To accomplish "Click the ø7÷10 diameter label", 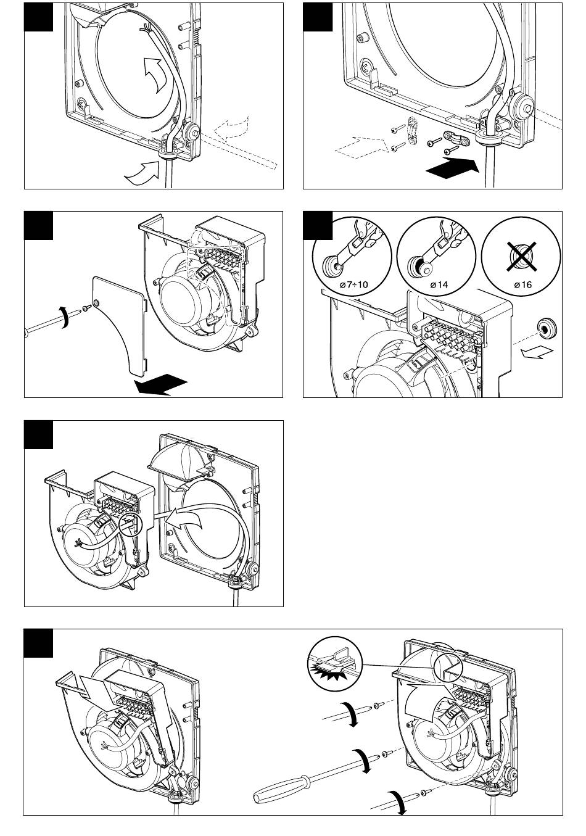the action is click(x=353, y=285).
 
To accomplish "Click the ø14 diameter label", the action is click(x=439, y=285).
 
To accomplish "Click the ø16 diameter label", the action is click(x=522, y=285).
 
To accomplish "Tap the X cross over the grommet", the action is click(x=521, y=256).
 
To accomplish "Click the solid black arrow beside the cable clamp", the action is click(x=452, y=168).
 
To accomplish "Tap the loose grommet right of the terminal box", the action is click(x=546, y=328).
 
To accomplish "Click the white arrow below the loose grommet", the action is click(x=537, y=352).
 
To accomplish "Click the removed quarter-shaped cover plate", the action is click(x=118, y=325).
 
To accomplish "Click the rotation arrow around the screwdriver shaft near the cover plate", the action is click(x=65, y=317).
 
